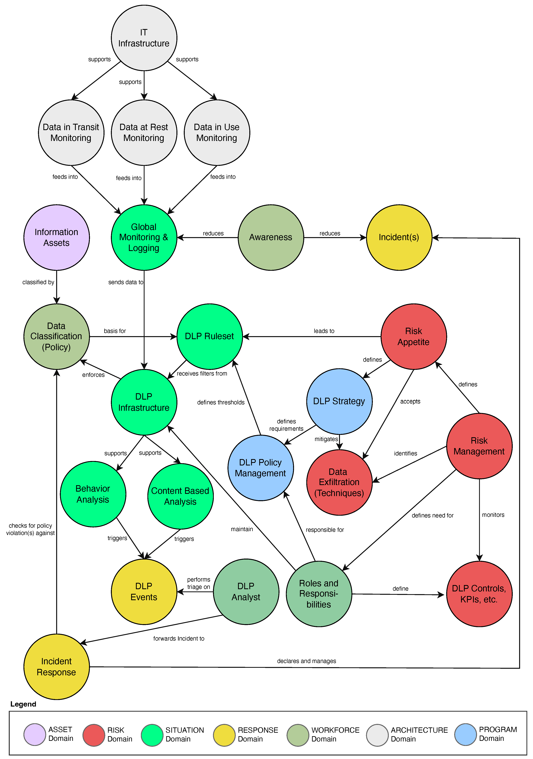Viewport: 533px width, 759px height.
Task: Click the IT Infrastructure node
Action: [x=144, y=38]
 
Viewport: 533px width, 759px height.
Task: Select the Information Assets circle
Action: [x=56, y=237]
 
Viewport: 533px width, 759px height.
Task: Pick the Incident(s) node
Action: [x=399, y=237]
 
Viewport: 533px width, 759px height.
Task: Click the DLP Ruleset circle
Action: [x=210, y=336]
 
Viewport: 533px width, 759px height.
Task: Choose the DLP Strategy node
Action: [x=339, y=401]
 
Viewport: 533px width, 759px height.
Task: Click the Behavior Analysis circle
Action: [x=93, y=494]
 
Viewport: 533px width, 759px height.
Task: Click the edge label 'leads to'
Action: [x=324, y=331]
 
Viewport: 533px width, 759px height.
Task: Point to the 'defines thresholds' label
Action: [x=221, y=402]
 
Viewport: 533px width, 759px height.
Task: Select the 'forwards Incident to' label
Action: [x=179, y=638]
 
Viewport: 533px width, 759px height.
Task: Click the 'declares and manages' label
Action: [x=306, y=661]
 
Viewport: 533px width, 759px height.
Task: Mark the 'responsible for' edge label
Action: [x=325, y=530]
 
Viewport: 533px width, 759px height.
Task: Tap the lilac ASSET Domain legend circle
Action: [x=35, y=735]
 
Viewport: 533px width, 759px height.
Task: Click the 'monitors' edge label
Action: [x=493, y=515]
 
